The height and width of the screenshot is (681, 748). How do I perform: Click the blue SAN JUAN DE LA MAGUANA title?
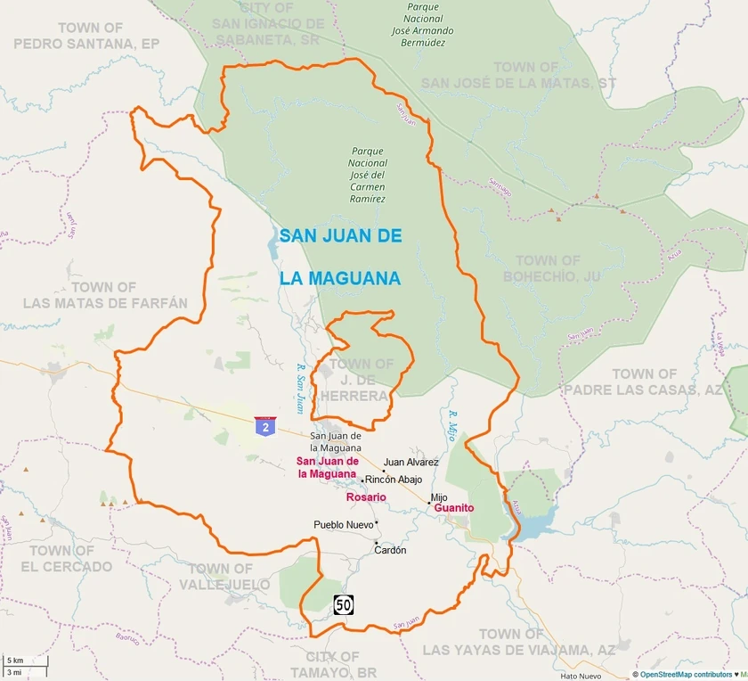pyautogui.click(x=340, y=257)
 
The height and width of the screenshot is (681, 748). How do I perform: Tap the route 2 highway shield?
pyautogui.click(x=264, y=427)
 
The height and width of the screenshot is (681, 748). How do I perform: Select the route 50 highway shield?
pyautogui.click(x=344, y=605)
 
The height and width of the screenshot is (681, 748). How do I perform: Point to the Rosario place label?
pyautogui.click(x=366, y=496)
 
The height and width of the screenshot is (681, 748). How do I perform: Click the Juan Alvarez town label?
pyautogui.click(x=411, y=463)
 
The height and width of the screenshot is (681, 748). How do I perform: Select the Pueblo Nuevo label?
pyautogui.click(x=344, y=525)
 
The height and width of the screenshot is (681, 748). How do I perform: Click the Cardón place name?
pyautogui.click(x=390, y=550)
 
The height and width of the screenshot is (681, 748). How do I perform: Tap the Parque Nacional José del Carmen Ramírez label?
pyautogui.click(x=369, y=176)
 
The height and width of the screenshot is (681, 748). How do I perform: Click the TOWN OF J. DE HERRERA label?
pyautogui.click(x=360, y=380)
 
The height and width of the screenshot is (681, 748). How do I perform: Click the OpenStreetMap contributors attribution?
pyautogui.click(x=682, y=675)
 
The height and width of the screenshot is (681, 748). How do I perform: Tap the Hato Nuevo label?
pyautogui.click(x=582, y=676)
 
